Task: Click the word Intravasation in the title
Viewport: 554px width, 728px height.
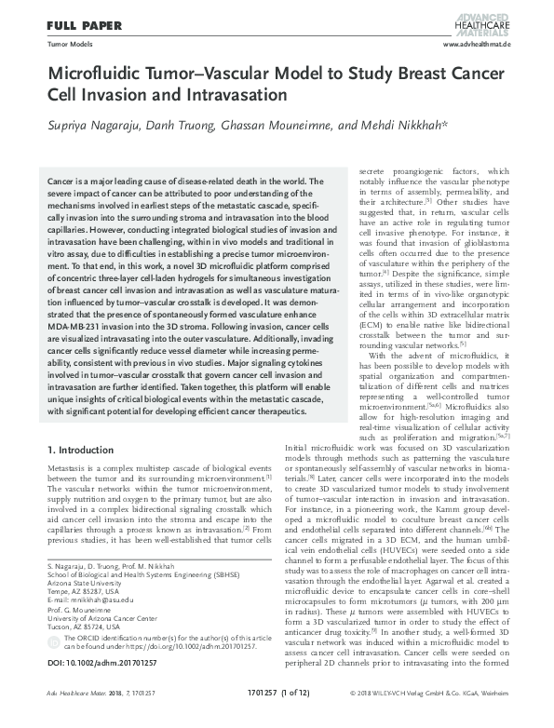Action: tap(225, 96)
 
